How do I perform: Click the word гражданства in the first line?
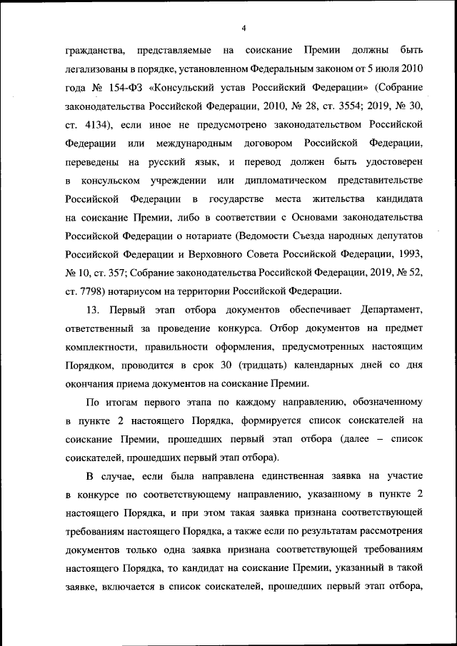96,51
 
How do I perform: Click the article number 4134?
97,126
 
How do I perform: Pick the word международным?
200,144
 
